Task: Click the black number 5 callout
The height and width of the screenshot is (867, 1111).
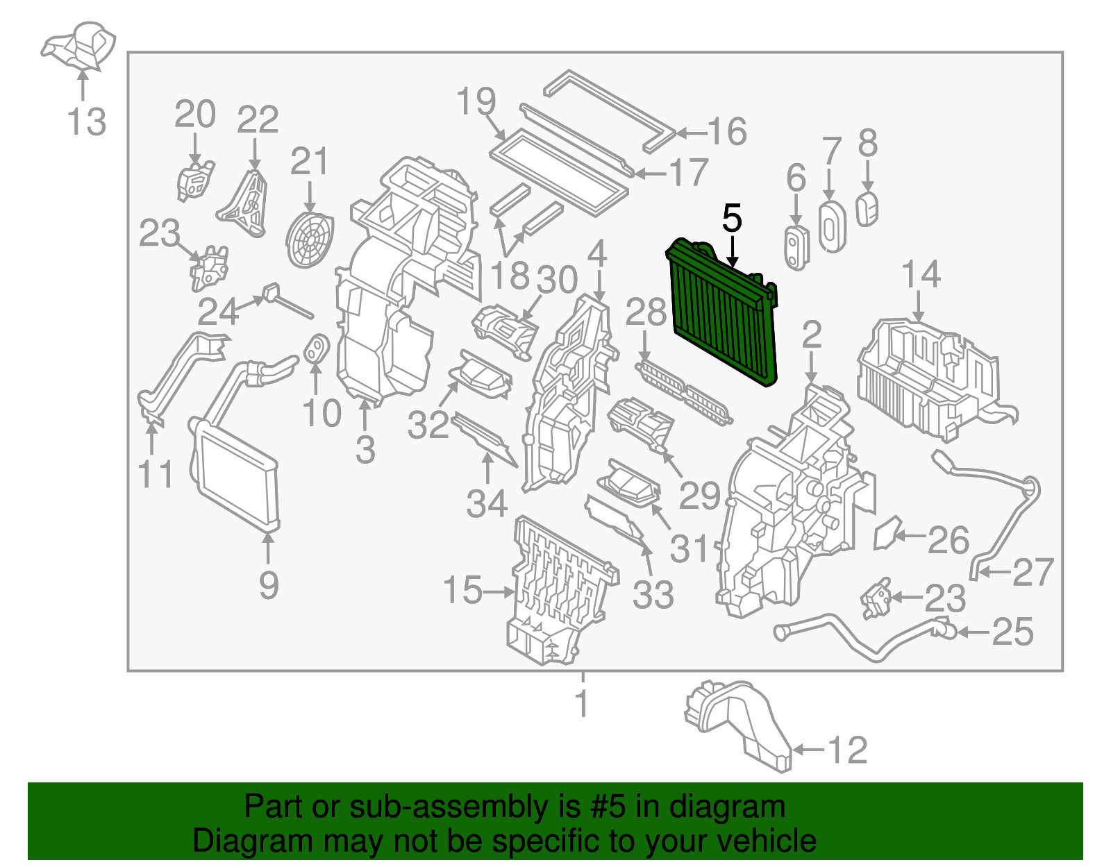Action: pos(732,219)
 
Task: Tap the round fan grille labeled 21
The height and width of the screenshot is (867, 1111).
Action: pos(310,239)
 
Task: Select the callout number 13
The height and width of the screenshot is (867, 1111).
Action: pos(87,122)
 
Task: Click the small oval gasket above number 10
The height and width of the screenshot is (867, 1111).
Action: pos(316,348)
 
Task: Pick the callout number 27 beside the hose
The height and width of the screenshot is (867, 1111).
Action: pos(1033,572)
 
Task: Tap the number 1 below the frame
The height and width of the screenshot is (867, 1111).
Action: pos(582,703)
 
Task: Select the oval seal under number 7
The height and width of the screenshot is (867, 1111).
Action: pos(831,226)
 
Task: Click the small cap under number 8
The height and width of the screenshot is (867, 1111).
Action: pos(867,209)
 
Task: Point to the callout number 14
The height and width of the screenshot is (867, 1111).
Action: pos(921,273)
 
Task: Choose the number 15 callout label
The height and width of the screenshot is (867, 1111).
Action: pos(462,591)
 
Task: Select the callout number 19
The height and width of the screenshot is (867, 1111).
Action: pos(476,101)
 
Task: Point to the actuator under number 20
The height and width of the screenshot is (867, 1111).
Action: pos(194,182)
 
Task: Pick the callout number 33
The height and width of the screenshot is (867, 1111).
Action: pos(653,595)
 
